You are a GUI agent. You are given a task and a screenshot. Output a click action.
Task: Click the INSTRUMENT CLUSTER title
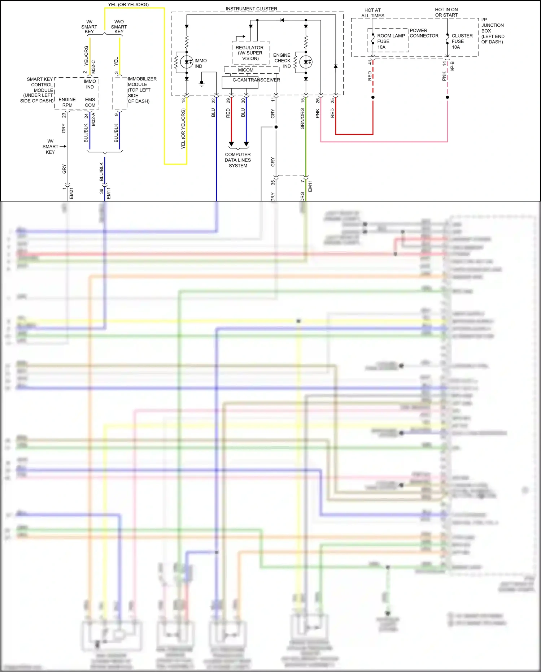252,9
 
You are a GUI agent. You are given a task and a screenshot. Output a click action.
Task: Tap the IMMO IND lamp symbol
187,62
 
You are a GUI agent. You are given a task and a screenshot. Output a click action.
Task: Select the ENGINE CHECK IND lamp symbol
306,62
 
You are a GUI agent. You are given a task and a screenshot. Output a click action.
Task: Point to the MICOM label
246,70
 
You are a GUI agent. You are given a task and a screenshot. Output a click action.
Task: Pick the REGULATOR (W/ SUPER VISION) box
250,53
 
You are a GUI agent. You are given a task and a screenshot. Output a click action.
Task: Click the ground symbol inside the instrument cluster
202,84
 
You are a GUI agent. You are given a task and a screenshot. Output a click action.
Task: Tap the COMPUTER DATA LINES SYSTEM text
238,160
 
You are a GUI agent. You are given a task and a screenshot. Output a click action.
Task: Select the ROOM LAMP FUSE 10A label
391,41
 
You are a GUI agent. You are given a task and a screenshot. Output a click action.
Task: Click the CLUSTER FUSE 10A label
462,41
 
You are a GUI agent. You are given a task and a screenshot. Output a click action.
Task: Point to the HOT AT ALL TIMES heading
372,13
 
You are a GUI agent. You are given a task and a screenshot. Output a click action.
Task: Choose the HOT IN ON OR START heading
446,12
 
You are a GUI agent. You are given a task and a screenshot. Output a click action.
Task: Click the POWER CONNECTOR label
424,33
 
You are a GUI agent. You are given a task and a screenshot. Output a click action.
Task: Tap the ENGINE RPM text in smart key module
67,102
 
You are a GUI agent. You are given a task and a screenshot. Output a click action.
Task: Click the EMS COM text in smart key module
90,102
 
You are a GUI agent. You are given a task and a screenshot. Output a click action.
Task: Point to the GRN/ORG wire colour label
302,119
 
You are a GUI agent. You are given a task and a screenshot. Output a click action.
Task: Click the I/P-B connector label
453,66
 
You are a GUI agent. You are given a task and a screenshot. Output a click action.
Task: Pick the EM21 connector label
71,193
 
